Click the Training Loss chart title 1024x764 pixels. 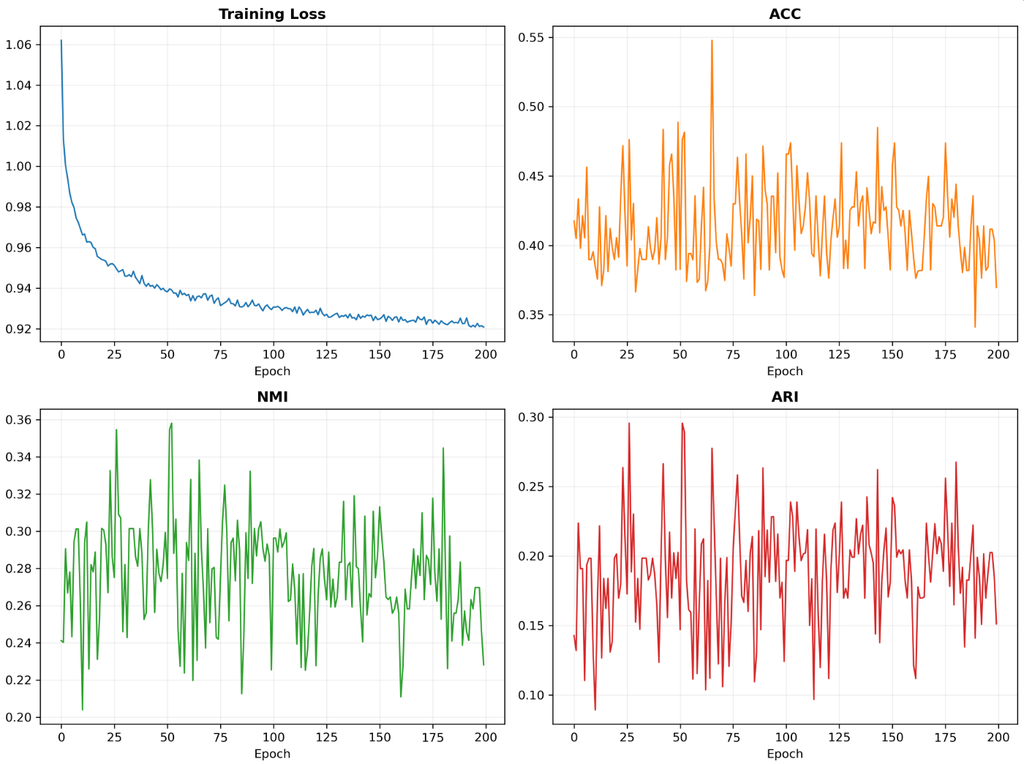272,14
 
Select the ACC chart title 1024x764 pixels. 785,14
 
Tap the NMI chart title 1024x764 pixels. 272,397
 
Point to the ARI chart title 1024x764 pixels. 785,397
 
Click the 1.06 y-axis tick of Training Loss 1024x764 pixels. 19,45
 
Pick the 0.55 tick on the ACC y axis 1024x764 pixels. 531,37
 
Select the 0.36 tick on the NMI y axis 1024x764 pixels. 19,420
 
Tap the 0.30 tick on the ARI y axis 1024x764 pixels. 531,417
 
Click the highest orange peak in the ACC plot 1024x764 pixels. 712,40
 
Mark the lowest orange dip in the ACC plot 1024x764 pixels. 974,327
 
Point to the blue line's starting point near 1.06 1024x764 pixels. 61,40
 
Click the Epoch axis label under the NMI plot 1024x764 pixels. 272,754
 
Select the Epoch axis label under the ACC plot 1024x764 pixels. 785,371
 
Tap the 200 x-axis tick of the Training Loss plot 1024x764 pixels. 486,355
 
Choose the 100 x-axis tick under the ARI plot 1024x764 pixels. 786,737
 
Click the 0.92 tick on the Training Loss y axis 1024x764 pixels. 19,329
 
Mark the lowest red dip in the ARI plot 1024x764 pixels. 595,710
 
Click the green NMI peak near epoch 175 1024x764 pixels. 443,448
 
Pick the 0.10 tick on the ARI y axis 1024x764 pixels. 531,695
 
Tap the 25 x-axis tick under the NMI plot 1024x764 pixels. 114,737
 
